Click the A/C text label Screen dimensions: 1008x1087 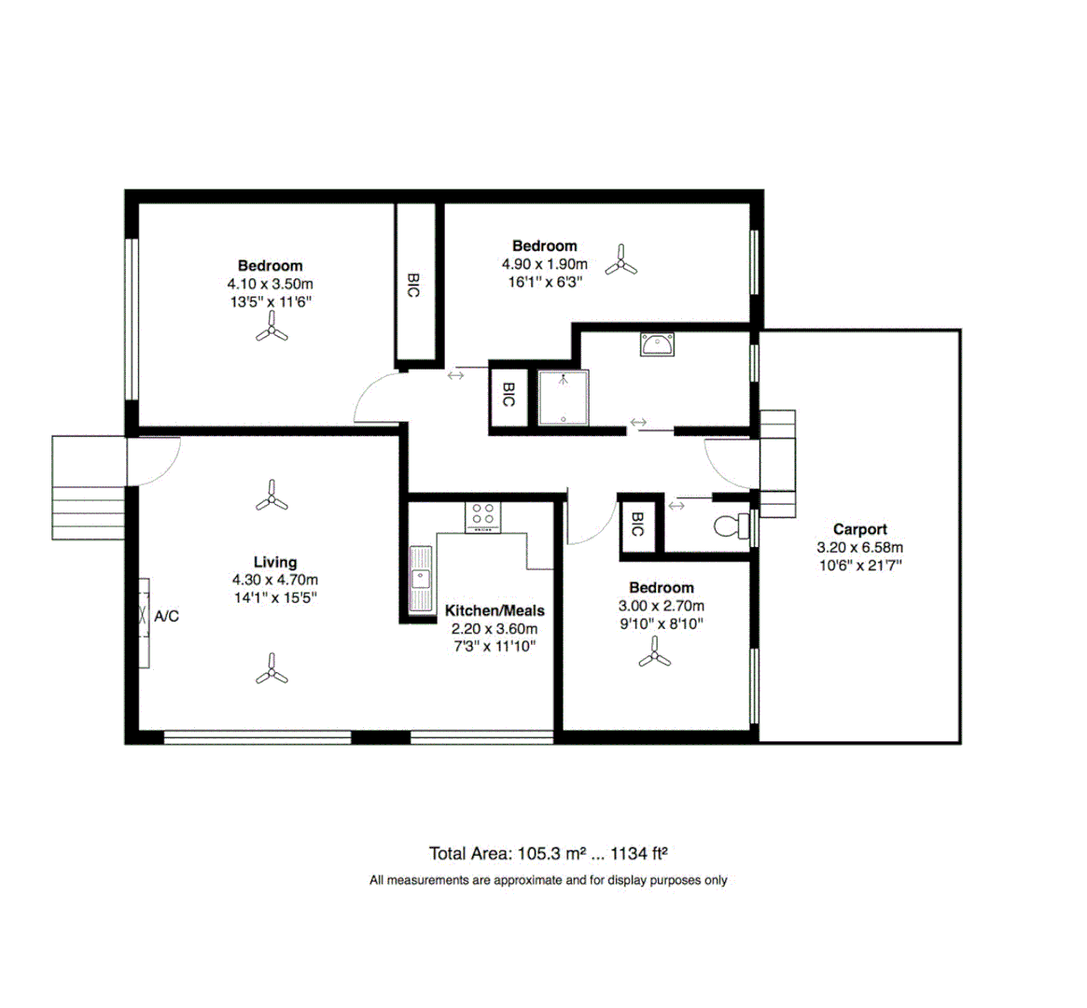167,616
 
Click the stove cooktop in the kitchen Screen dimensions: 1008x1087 483,516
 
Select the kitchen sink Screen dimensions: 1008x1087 421,579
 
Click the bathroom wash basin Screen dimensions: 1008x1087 660,344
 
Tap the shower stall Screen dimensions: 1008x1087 563,397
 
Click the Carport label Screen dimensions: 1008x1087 859,529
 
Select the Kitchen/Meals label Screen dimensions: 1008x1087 495,610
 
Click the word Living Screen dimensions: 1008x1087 275,562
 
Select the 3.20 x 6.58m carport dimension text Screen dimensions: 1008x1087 859,548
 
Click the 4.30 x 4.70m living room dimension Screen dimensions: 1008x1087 275,581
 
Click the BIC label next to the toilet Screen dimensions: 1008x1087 638,525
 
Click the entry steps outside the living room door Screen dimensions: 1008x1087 87,488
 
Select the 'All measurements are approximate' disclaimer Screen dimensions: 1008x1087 548,880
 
